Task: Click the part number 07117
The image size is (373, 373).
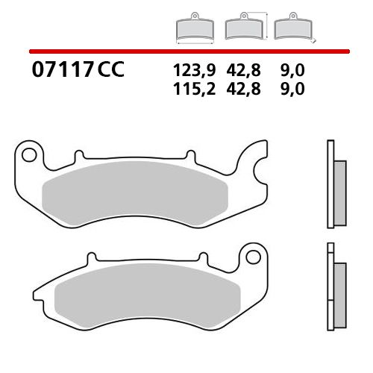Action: tap(63, 71)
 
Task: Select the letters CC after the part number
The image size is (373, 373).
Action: tap(110, 71)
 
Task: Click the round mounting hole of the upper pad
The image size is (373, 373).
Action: tap(30, 156)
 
